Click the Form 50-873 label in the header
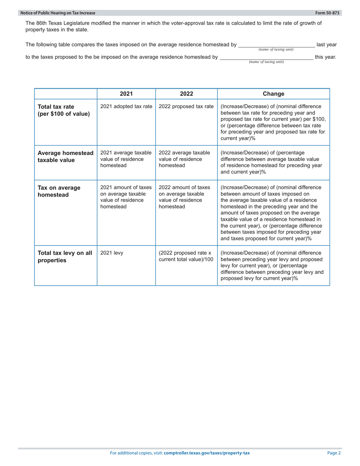[x=330, y=13]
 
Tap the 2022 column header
[x=186, y=94]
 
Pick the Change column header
[x=273, y=94]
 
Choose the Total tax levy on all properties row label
[x=64, y=257]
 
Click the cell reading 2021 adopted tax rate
[x=126, y=106]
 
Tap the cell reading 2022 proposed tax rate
[x=186, y=106]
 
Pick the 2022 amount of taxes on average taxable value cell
[x=184, y=197]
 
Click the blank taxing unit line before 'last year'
[x=276, y=45]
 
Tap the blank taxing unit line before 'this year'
[x=266, y=57]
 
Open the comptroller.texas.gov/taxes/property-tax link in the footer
[x=207, y=453]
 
